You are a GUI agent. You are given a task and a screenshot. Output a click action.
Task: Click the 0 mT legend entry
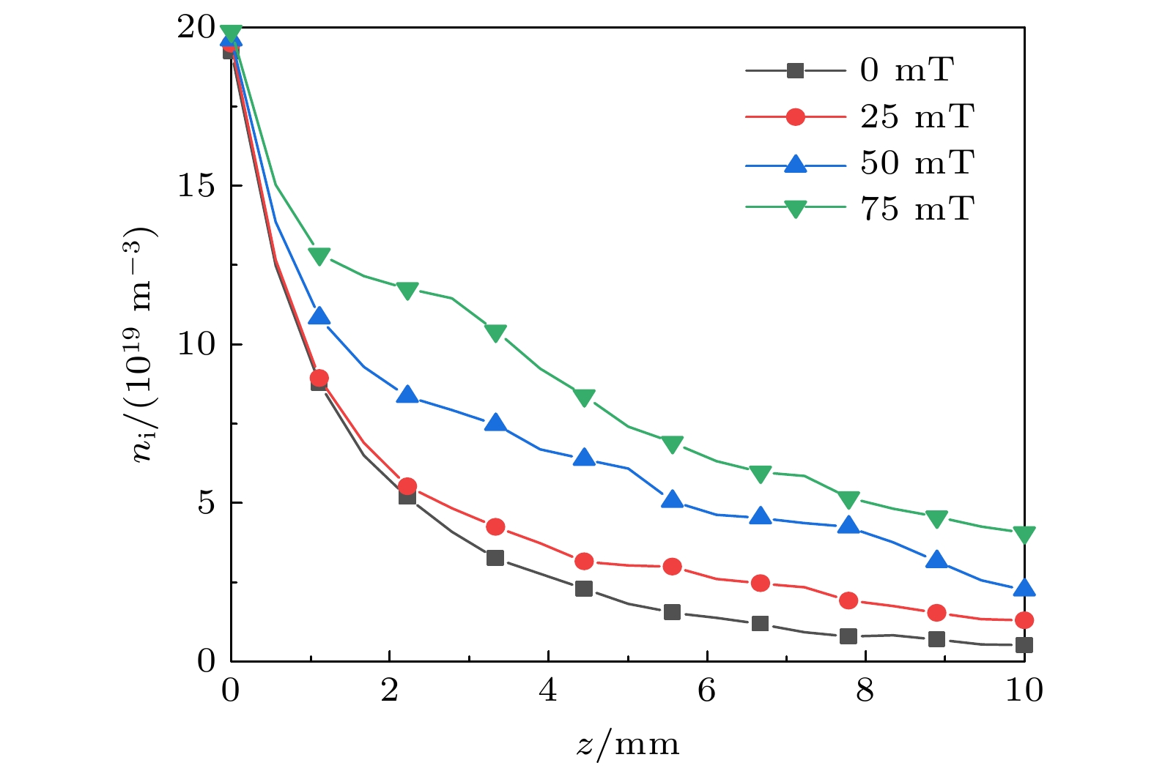click(906, 71)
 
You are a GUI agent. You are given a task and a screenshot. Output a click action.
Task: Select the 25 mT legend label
click(917, 117)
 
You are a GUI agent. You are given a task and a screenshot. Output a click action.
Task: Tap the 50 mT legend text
click(917, 163)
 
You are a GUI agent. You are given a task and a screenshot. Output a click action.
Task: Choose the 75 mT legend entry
click(917, 209)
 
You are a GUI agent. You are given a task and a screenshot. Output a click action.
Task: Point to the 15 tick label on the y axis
click(196, 186)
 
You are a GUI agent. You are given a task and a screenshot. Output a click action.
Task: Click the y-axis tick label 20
click(196, 28)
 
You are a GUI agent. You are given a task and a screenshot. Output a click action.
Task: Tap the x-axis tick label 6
click(707, 690)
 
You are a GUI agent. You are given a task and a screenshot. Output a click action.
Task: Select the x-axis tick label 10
click(1024, 690)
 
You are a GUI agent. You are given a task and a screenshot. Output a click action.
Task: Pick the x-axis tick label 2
click(390, 690)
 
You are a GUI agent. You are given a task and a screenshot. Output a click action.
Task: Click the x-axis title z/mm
click(628, 745)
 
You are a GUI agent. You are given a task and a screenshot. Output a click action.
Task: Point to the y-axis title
click(144, 344)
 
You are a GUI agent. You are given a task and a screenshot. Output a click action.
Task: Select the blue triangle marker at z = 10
click(1024, 587)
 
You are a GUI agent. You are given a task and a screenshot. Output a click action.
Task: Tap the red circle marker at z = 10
click(1024, 620)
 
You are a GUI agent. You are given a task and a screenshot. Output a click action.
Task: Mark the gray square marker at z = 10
click(1024, 645)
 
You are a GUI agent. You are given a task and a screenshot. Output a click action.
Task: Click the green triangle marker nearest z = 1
click(319, 256)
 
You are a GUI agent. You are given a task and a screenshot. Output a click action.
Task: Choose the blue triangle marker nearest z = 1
click(319, 316)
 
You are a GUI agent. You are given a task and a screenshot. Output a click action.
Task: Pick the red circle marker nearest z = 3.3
click(495, 526)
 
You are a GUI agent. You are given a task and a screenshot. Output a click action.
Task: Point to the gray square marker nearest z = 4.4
click(584, 589)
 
